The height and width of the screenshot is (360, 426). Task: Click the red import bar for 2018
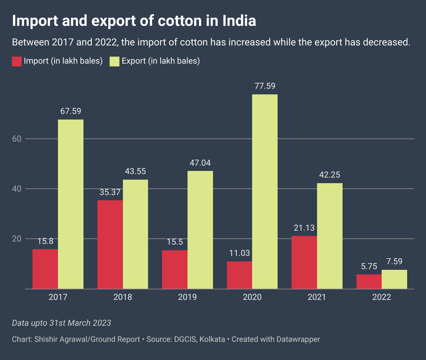pos(110,244)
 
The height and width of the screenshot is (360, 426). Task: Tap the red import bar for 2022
pos(369,282)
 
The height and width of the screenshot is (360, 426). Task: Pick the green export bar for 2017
pos(71,204)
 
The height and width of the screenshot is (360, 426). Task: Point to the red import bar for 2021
pos(304,262)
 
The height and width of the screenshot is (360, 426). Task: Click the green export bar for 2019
pos(200,230)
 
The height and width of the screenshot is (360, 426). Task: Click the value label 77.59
pos(265,86)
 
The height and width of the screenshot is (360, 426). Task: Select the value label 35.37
pos(110,192)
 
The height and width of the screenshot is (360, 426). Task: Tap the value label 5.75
pos(369,266)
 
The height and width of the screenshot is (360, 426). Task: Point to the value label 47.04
pos(200,163)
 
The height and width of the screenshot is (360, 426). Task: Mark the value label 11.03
pos(239,253)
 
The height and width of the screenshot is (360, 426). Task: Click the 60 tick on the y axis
pos(17,139)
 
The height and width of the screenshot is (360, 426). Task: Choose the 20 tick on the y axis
pos(17,239)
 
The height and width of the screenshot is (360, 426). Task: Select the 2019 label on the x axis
pos(188,297)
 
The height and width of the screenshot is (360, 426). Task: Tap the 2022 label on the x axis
pos(382,297)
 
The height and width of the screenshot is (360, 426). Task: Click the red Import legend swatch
pos(17,61)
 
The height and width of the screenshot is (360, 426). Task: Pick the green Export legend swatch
pos(115,61)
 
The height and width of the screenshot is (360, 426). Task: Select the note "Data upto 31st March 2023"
pos(61,323)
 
